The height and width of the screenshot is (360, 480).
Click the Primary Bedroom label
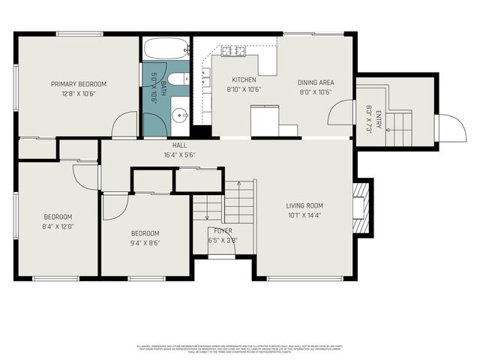(79, 84)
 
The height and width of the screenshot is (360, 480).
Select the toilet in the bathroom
(178, 79)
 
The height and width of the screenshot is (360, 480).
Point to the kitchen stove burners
(233, 51)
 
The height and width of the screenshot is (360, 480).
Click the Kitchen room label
(244, 79)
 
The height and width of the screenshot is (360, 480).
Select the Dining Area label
(315, 82)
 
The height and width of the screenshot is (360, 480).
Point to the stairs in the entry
(397, 127)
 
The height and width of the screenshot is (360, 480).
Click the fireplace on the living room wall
(361, 207)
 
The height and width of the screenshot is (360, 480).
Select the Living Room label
(304, 205)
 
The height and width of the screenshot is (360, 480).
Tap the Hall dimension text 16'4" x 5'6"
(180, 154)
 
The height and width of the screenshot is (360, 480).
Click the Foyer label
(223, 231)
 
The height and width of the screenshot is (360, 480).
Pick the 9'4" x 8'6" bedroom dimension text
(145, 242)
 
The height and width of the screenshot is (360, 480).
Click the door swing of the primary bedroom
(123, 126)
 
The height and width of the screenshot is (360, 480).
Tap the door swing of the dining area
(341, 113)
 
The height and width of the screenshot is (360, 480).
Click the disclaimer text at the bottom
(240, 348)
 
